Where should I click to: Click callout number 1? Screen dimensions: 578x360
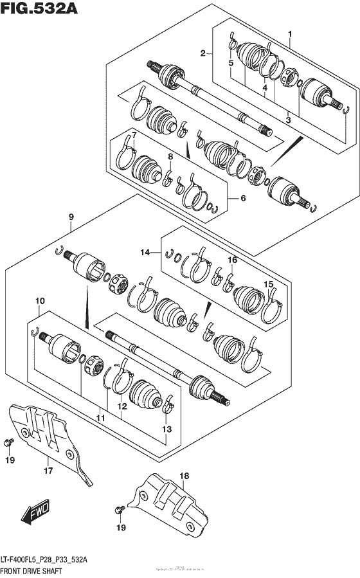(290, 33)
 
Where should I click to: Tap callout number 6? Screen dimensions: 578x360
(243, 198)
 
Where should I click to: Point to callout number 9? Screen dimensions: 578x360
(72, 217)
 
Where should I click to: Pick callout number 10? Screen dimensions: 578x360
(40, 301)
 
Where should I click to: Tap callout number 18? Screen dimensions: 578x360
(184, 476)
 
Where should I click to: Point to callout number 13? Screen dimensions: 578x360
(167, 429)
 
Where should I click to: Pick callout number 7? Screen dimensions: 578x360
(134, 134)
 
